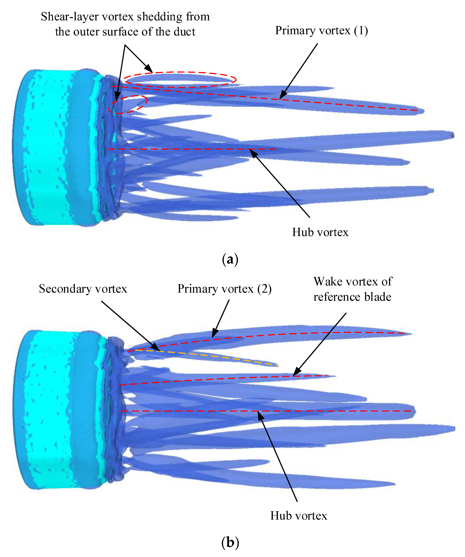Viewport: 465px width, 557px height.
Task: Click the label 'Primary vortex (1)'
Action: (x=321, y=31)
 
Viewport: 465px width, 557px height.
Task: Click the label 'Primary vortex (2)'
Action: (x=224, y=289)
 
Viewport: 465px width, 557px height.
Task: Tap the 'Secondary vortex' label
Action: (x=83, y=289)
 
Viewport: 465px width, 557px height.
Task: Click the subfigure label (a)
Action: (x=230, y=259)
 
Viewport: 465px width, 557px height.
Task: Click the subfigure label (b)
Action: (x=230, y=542)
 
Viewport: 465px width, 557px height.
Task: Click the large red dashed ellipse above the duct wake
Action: (x=180, y=80)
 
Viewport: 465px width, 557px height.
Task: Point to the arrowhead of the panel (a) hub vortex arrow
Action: (x=252, y=152)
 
